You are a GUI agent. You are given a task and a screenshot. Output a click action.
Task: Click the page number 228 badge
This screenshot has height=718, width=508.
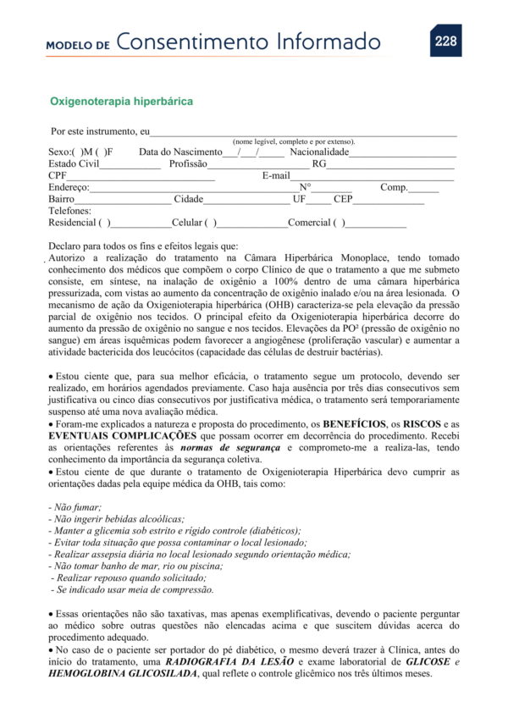445,41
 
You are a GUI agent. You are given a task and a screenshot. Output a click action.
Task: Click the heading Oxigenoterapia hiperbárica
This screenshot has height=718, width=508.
121,102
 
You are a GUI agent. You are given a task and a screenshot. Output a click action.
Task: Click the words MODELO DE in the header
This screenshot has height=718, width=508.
78,45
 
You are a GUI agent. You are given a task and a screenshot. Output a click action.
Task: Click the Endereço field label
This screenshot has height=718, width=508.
69,187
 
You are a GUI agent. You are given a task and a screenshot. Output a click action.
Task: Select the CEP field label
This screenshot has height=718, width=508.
342,199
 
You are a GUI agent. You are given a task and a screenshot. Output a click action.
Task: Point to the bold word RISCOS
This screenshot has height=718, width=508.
420,423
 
